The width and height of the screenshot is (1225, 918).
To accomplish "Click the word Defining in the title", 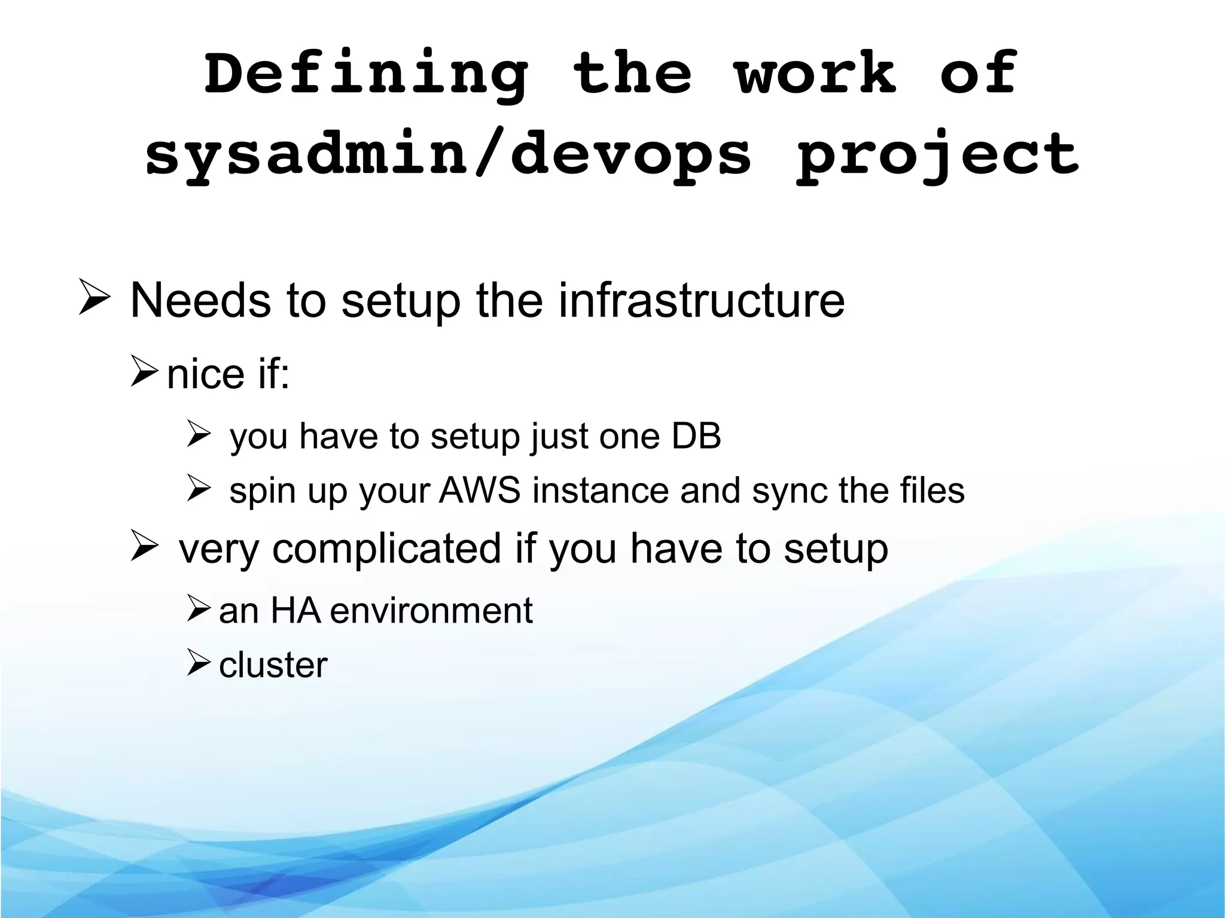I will [x=366, y=75].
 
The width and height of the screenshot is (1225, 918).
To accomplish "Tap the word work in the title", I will [x=815, y=74].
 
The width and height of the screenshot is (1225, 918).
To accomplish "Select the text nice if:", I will [x=228, y=374].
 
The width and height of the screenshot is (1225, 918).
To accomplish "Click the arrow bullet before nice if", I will [x=144, y=371].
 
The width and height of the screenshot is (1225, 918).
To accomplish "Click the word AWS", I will [x=480, y=491].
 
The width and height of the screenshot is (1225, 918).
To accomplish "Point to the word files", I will [x=933, y=491].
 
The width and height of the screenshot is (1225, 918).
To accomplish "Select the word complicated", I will [x=387, y=549].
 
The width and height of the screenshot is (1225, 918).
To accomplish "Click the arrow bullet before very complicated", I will [x=144, y=545].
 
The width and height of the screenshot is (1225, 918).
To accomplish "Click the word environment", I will [x=431, y=611].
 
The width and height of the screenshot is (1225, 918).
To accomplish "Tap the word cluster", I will [x=273, y=665].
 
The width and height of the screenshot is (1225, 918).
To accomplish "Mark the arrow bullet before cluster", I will [x=198, y=663].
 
